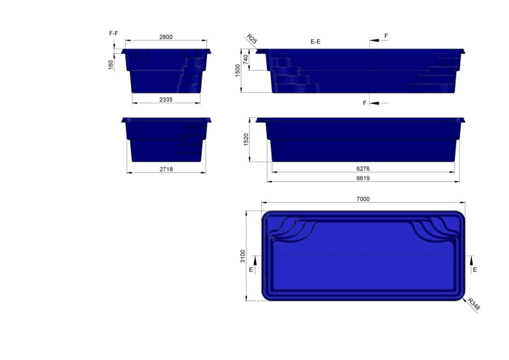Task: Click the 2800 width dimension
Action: [x=166, y=37]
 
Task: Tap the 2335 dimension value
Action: [x=166, y=99]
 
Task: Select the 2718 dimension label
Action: [x=166, y=169]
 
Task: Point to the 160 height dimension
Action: [x=111, y=65]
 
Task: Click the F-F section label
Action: [x=113, y=33]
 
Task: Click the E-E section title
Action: [x=315, y=42]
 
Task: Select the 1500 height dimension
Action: [x=238, y=71]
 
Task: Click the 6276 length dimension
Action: [x=363, y=169]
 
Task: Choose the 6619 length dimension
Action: [x=363, y=178]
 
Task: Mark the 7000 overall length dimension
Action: [x=363, y=199]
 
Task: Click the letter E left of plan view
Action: [x=251, y=270]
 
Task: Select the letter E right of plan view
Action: [x=475, y=270]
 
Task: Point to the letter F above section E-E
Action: [x=386, y=36]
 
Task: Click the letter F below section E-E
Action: [x=365, y=103]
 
